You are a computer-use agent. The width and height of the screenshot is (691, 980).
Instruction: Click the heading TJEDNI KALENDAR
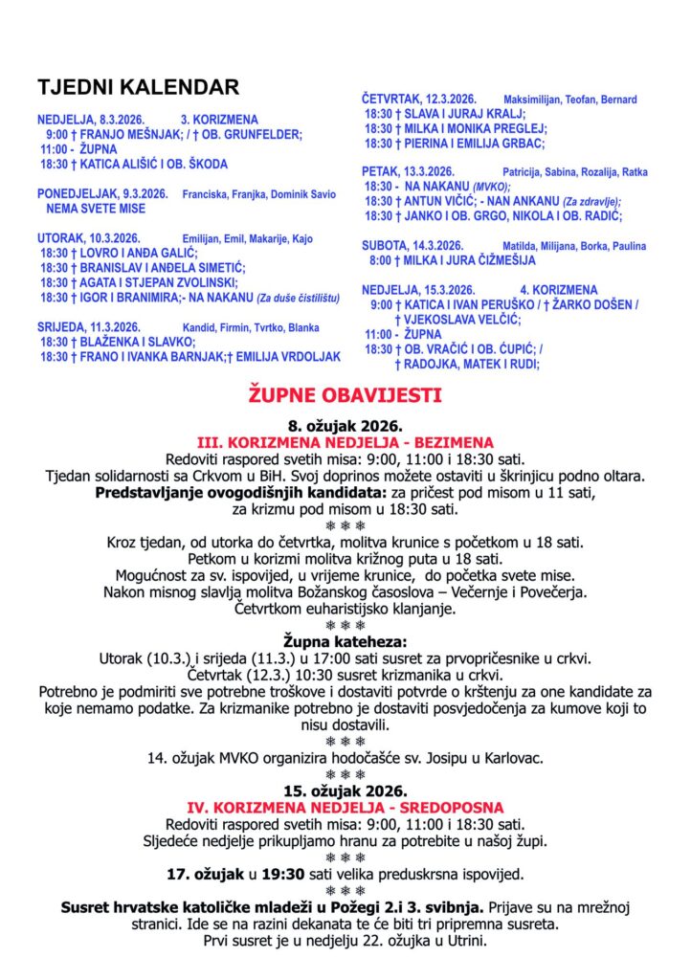pos(138,88)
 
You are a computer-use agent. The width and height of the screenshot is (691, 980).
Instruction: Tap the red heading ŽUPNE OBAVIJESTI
pos(345,393)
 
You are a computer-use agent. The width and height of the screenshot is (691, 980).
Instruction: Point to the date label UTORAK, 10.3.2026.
pos(76,238)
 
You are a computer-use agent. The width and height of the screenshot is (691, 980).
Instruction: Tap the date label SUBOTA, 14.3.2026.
pos(412,245)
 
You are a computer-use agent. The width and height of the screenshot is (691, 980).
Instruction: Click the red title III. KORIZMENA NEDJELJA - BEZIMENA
pos(345,443)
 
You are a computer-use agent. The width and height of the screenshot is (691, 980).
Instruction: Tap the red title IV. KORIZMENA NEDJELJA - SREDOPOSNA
pos(345,808)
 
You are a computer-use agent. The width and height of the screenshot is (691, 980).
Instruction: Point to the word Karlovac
pos(512,758)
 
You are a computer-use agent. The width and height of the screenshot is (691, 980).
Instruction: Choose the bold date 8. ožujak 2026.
pos(345,427)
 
